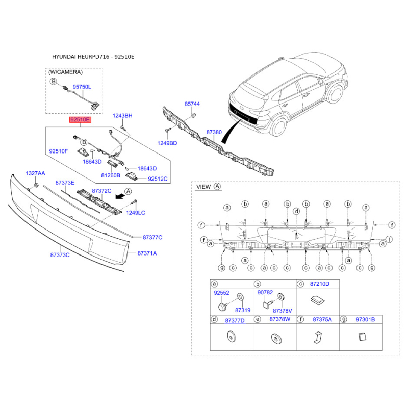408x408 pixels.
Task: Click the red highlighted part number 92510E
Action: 80,120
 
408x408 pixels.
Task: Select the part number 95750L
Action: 82,87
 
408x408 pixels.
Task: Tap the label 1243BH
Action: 122,116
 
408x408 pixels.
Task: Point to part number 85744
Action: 192,104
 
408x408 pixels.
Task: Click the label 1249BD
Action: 167,143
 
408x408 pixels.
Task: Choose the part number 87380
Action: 214,132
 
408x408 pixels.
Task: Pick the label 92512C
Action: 158,179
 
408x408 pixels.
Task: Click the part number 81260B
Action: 111,175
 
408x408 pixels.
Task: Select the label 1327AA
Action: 35,173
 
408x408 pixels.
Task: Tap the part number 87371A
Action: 147,253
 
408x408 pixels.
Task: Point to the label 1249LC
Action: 136,213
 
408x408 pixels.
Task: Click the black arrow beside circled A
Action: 120,196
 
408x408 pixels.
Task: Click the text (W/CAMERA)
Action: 66,72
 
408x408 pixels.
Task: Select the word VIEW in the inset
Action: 203,187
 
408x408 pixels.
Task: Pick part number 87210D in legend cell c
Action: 320,284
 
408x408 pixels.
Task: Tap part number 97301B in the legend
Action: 365,319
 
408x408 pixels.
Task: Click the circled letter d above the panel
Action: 296,211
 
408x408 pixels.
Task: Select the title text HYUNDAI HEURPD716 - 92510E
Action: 93,57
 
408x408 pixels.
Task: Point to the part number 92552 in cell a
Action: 221,293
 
